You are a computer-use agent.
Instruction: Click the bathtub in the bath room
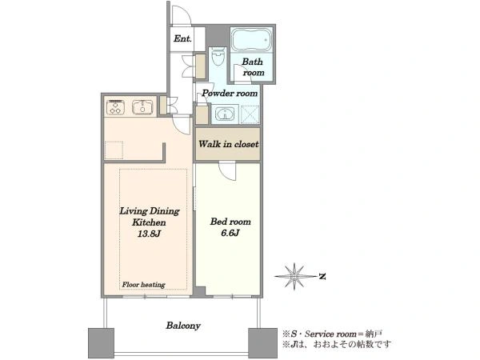pyautogui.click(x=251, y=40)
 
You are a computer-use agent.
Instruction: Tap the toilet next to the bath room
pyautogui.click(x=218, y=58)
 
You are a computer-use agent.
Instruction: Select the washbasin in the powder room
pyautogui.click(x=226, y=114)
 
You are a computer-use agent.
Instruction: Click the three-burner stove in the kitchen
pyautogui.click(x=115, y=107)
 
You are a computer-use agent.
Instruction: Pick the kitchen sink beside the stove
pyautogui.click(x=142, y=107)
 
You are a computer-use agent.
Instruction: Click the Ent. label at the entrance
pyautogui.click(x=182, y=38)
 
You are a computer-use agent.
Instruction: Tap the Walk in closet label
pyautogui.click(x=228, y=144)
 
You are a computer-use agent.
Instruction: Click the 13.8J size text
pyautogui.click(x=149, y=234)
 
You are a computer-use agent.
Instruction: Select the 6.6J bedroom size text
pyautogui.click(x=230, y=234)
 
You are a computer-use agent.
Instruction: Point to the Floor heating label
pyautogui.click(x=143, y=285)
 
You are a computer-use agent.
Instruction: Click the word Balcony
pyautogui.click(x=183, y=326)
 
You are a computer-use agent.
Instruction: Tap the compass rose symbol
pyautogui.click(x=294, y=277)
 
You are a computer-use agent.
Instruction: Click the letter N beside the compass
pyautogui.click(x=322, y=277)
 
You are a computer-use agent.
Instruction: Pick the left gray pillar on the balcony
pyautogui.click(x=101, y=343)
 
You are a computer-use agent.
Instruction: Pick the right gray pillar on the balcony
pyautogui.click(x=262, y=343)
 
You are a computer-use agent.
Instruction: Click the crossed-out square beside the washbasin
pyautogui.click(x=250, y=114)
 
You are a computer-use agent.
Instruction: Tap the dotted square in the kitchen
pyautogui.click(x=114, y=150)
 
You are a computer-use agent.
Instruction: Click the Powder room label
pyautogui.click(x=230, y=93)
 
